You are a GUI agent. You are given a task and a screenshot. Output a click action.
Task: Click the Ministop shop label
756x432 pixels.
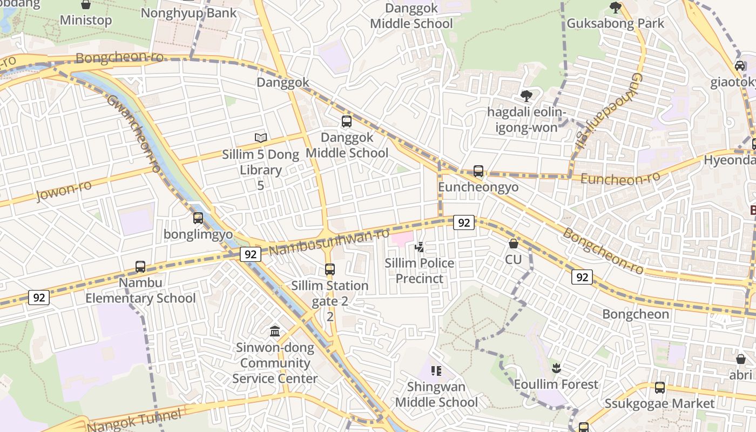point(86,21)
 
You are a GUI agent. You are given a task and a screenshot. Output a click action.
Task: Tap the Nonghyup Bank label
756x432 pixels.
point(188,13)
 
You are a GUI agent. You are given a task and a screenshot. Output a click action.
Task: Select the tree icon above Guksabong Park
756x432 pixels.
point(615,7)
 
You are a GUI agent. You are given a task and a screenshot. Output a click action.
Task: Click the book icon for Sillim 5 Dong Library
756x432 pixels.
point(261,138)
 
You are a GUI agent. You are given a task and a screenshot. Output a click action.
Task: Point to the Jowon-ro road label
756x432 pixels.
point(63,191)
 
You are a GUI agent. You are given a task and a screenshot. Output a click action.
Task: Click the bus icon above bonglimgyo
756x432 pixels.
point(198,218)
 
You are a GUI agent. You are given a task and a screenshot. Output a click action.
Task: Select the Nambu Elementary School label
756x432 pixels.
point(140,291)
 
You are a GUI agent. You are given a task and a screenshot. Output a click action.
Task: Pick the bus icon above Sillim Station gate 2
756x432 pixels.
point(330,269)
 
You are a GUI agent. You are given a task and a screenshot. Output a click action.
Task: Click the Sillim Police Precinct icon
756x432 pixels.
point(419,247)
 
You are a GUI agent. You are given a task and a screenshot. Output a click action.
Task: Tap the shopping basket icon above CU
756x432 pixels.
point(514,244)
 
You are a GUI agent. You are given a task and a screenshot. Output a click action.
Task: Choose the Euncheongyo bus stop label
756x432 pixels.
point(478,187)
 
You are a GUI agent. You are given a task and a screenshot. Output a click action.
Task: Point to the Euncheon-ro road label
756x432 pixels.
point(620,178)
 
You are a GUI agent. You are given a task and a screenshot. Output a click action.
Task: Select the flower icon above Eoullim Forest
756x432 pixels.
point(556,369)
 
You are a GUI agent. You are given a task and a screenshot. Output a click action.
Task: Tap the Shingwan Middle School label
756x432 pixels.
point(436,395)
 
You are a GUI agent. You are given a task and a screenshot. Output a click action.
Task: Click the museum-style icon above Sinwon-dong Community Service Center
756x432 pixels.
point(275,331)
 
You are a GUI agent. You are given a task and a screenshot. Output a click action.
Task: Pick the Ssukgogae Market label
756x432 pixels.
point(659,403)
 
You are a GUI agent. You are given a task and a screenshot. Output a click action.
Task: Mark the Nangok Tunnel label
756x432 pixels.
point(133,420)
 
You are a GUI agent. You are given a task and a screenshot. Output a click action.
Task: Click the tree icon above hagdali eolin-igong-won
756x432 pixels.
point(526,96)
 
